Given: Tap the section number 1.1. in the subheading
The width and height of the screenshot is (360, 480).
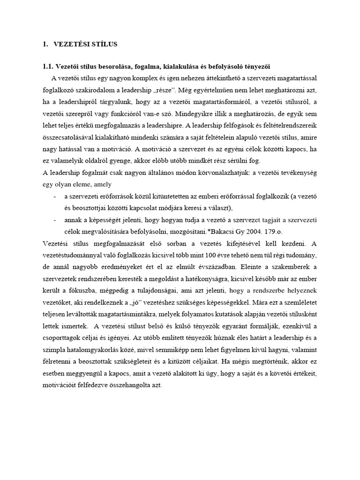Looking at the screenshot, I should (49, 67).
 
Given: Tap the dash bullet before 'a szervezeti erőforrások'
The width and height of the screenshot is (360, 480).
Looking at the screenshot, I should (56, 196).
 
